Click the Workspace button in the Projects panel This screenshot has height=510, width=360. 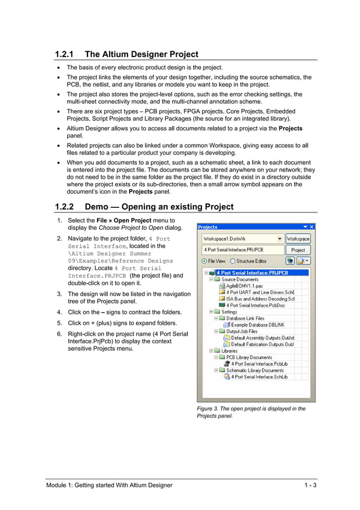point(298,239)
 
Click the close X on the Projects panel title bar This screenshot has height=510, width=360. point(311,227)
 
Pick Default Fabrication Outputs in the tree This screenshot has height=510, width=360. point(262,344)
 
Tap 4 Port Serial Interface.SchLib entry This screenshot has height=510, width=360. point(259,377)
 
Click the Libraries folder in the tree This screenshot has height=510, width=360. point(229,351)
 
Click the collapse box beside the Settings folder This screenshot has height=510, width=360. point(210,312)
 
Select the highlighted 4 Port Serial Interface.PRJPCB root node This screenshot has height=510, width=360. point(260,273)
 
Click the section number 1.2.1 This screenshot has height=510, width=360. point(64,54)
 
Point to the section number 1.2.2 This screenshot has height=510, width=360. point(64,207)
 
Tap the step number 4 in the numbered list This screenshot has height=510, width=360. point(59,312)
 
